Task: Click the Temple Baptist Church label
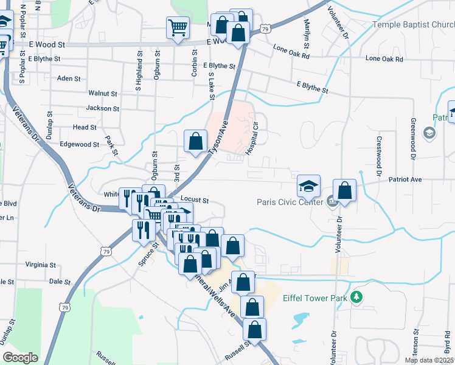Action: pyautogui.click(x=414, y=25)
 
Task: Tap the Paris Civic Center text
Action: pyautogui.click(x=290, y=202)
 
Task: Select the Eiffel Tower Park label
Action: pyautogui.click(x=314, y=298)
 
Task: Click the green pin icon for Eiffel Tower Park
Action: pyautogui.click(x=357, y=297)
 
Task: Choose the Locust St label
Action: pyautogui.click(x=195, y=200)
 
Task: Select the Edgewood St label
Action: pyautogui.click(x=79, y=145)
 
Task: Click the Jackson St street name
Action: pyautogui.click(x=103, y=108)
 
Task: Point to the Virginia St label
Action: pyautogui.click(x=41, y=265)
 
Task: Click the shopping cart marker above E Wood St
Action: pyautogui.click(x=177, y=26)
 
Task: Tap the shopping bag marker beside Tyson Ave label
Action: pyautogui.click(x=195, y=141)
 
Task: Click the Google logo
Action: pyautogui.click(x=20, y=358)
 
